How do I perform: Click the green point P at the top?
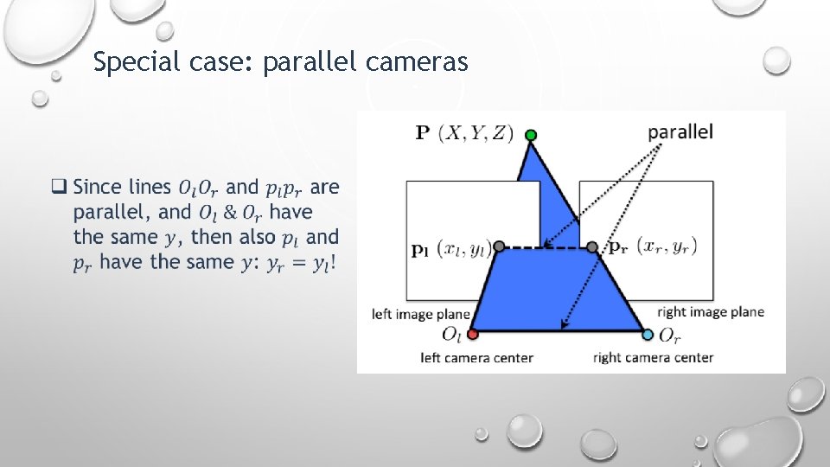[x=531, y=135]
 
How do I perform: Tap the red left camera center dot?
[x=472, y=334]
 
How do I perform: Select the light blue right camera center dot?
[x=648, y=334]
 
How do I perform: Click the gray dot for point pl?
[x=499, y=247]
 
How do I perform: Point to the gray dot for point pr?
[x=591, y=247]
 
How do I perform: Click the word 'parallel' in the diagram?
[x=680, y=131]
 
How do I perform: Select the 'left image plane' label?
[x=421, y=314]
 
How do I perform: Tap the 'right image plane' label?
[x=711, y=311]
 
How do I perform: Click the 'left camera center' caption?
[x=476, y=357]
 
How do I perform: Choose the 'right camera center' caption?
[x=653, y=357]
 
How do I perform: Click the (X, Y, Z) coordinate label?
[x=476, y=133]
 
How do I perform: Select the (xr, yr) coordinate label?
[x=667, y=246]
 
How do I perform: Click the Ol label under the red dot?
[x=451, y=335]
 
